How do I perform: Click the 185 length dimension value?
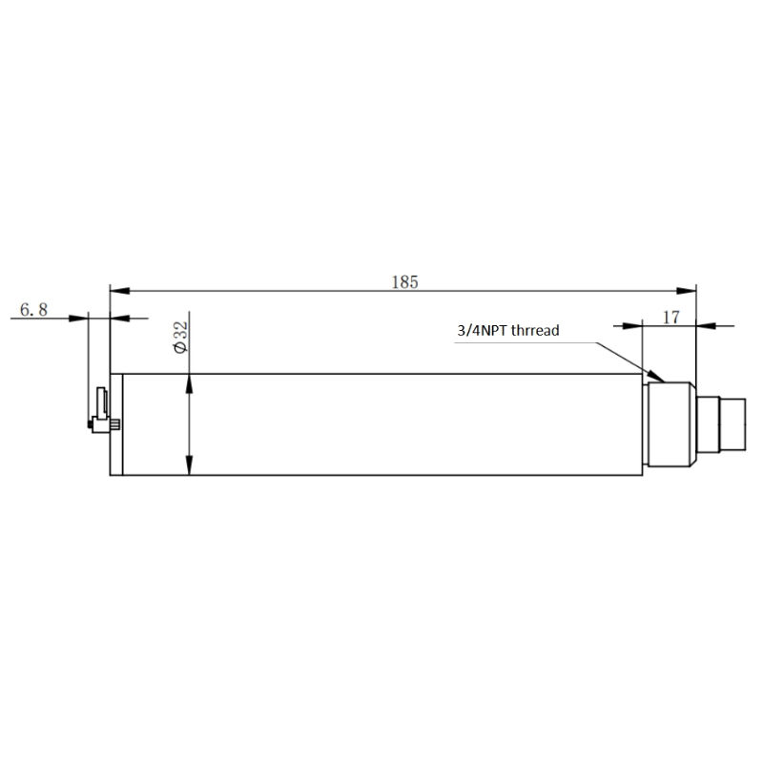click(x=404, y=282)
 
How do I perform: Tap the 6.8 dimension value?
click(x=33, y=309)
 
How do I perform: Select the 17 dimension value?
click(x=670, y=318)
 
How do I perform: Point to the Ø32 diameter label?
click(x=180, y=338)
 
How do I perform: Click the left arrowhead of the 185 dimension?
click(x=120, y=291)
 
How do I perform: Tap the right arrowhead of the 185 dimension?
click(x=687, y=291)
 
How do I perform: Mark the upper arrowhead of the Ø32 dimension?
click(x=189, y=383)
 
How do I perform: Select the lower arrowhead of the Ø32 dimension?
click(x=189, y=465)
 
